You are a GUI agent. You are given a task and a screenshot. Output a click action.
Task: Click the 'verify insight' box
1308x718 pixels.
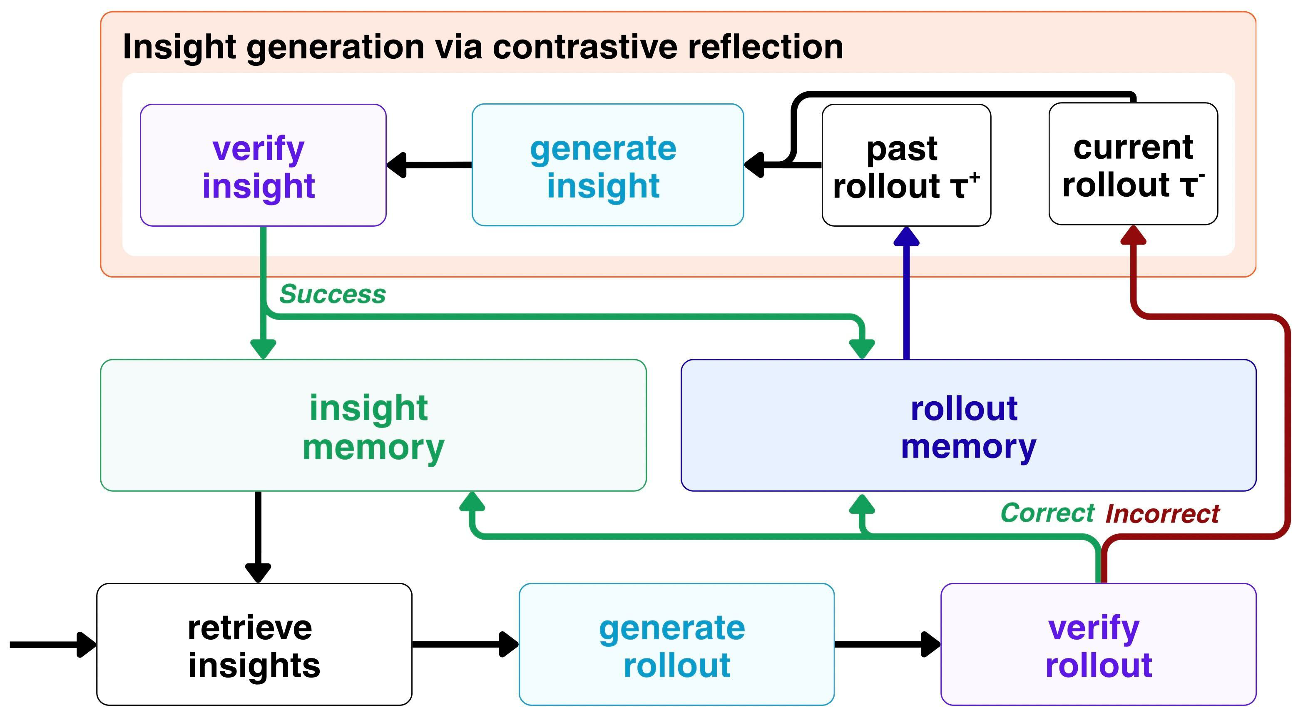click(263, 165)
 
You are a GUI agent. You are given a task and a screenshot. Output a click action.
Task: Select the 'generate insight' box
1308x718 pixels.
click(608, 165)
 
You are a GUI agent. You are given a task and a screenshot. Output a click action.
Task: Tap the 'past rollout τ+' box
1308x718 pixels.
click(906, 165)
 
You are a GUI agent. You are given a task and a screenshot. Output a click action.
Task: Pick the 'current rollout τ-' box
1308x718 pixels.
click(1133, 164)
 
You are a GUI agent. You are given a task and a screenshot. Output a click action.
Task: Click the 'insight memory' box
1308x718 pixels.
click(373, 425)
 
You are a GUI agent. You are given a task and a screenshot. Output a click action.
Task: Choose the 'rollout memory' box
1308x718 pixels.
click(968, 425)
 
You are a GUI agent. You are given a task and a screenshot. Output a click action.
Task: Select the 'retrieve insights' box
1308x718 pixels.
click(254, 644)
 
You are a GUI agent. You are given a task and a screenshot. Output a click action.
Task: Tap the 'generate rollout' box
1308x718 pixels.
click(676, 644)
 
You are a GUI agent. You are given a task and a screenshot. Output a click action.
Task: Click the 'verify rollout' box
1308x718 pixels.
click(1098, 644)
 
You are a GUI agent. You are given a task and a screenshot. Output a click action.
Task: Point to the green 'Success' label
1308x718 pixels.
click(333, 294)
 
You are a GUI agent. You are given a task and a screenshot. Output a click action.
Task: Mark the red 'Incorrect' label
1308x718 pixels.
click(1162, 514)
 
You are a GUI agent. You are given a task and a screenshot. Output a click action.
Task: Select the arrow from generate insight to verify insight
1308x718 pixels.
click(429, 165)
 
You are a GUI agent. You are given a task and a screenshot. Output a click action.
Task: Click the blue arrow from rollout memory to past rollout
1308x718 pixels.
click(906, 293)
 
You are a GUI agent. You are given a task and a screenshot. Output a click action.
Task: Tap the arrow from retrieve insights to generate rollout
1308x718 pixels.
click(465, 644)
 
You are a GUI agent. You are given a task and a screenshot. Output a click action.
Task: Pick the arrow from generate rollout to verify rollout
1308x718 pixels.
click(888, 644)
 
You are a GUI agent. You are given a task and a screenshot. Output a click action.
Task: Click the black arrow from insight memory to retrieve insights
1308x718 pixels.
click(258, 537)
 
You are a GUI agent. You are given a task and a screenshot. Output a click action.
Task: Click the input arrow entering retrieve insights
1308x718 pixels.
click(53, 644)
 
